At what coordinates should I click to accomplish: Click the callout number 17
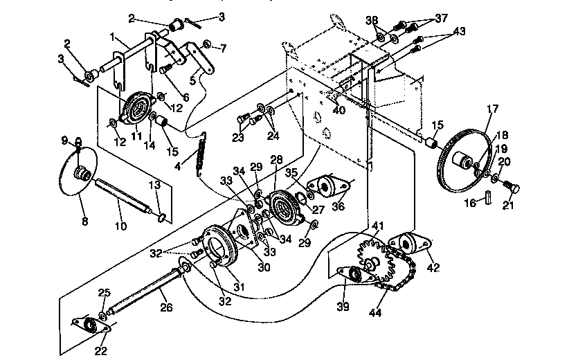pyautogui.click(x=492, y=108)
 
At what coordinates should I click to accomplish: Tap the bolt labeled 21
pyautogui.click(x=511, y=186)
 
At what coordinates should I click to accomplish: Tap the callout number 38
pyautogui.click(x=372, y=20)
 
